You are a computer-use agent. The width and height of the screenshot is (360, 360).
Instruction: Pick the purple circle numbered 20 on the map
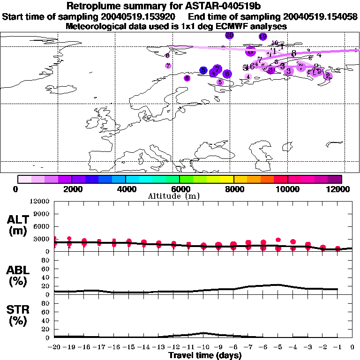click(229, 35)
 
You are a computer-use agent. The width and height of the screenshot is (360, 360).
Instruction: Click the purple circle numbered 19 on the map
click(262, 37)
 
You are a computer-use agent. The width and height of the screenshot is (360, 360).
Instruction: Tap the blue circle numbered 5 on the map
click(203, 70)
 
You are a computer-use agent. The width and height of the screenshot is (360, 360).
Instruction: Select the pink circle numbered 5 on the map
click(220, 82)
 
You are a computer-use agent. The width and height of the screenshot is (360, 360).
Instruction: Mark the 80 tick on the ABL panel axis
click(45, 260)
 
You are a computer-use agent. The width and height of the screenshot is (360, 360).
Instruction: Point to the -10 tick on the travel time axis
click(203, 347)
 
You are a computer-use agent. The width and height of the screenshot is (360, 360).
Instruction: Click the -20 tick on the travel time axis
click(54, 347)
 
